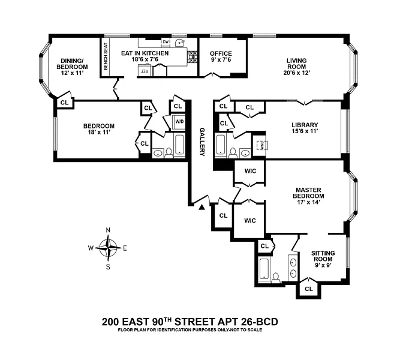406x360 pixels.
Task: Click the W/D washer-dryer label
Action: pyautogui.click(x=179, y=121)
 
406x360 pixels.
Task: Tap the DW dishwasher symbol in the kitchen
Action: pyautogui.click(x=166, y=42)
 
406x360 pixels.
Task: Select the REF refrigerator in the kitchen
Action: pyautogui.click(x=144, y=71)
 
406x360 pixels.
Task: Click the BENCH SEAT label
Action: pyautogui.click(x=106, y=56)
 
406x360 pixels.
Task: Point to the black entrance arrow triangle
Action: pyautogui.click(x=202, y=207)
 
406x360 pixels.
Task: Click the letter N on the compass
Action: pyautogui.click(x=108, y=230)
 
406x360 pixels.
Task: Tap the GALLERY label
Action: pyautogui.click(x=202, y=142)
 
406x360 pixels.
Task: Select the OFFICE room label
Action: pyautogui.click(x=221, y=53)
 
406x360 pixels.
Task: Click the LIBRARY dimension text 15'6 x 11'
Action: pyautogui.click(x=305, y=131)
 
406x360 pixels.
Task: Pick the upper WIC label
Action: pyautogui.click(x=251, y=171)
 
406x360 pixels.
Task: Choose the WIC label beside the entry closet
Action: pyautogui.click(x=250, y=221)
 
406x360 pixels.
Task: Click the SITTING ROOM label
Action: pyautogui.click(x=323, y=256)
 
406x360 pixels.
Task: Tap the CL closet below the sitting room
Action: pyautogui.click(x=309, y=289)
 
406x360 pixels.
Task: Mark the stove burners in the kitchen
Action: pyautogui.click(x=193, y=57)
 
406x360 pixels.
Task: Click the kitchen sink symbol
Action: pyautogui.click(x=179, y=42)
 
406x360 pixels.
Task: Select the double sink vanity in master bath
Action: pyautogui.click(x=293, y=268)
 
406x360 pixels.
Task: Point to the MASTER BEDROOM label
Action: pyautogui.click(x=308, y=193)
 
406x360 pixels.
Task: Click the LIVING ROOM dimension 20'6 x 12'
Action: pyautogui.click(x=297, y=73)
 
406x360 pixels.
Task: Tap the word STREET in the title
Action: pyautogui.click(x=195, y=322)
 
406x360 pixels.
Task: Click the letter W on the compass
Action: pyautogui.click(x=91, y=248)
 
